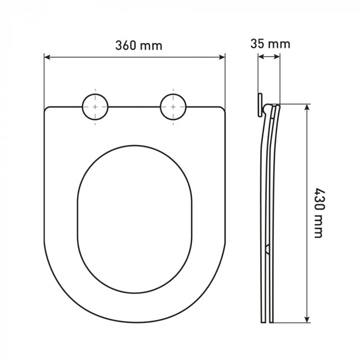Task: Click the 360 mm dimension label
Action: (139, 45)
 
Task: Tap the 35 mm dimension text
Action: (270, 44)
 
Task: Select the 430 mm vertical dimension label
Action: (319, 213)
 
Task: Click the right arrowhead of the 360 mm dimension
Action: (222, 57)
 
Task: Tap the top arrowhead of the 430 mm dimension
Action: (307, 107)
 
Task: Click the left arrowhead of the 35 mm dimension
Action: (261, 57)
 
